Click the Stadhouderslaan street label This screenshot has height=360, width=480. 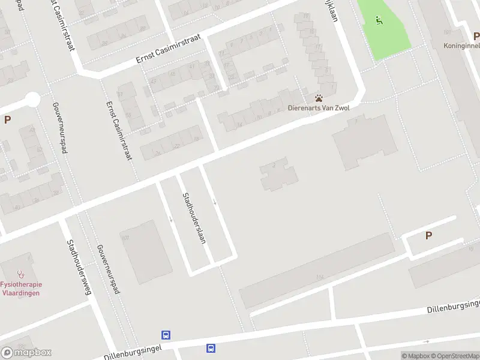point(194,217)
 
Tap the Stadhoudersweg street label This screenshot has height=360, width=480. point(79,268)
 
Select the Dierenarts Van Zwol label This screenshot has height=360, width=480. point(318,108)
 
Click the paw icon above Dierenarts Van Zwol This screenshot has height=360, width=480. point(319,98)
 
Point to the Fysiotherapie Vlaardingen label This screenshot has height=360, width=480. point(20,289)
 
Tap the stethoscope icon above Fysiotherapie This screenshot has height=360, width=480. point(20,273)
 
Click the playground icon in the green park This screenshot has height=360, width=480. point(379,21)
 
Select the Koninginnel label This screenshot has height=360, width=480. point(461,46)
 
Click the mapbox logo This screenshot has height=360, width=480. point(26,353)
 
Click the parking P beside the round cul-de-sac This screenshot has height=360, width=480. point(7,119)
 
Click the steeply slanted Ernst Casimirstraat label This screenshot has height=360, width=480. point(118,130)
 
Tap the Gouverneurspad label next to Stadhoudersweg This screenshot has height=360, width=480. point(108,269)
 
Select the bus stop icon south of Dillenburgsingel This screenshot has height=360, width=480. point(211,347)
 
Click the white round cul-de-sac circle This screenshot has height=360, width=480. point(32,99)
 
